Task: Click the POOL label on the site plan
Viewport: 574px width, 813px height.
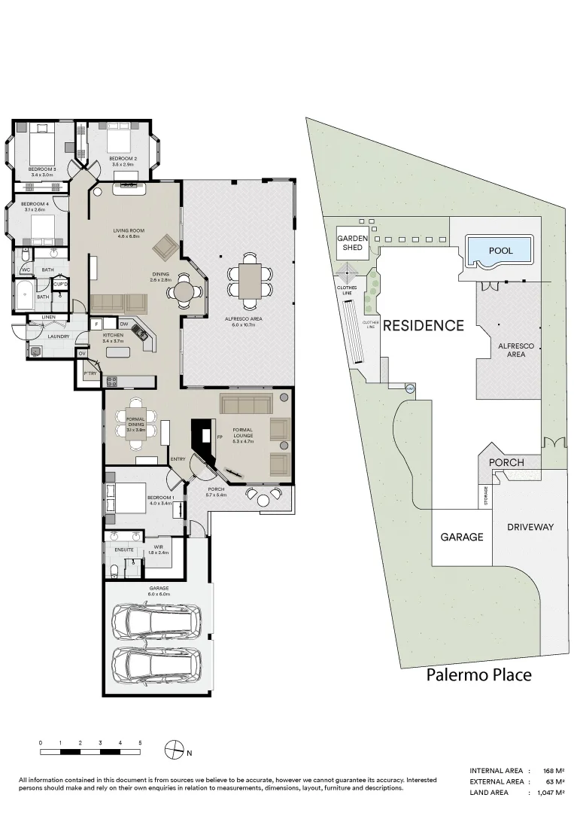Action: pyautogui.click(x=500, y=250)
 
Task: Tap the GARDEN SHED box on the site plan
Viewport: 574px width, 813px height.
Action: pyautogui.click(x=352, y=242)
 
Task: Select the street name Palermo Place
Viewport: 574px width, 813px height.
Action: pyautogui.click(x=478, y=674)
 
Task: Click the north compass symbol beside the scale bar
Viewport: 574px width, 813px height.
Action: pyautogui.click(x=175, y=751)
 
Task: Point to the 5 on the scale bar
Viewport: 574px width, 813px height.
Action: pyautogui.click(x=140, y=743)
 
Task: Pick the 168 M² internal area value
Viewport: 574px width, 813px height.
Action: pyautogui.click(x=554, y=771)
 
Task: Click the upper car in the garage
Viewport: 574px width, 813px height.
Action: pyautogui.click(x=156, y=621)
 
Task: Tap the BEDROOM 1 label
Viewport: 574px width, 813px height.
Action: pyautogui.click(x=160, y=498)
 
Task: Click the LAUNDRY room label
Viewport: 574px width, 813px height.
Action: pyautogui.click(x=59, y=336)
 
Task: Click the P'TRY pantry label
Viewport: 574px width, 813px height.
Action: pyautogui.click(x=90, y=373)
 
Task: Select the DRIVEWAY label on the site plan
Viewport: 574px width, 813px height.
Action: pyautogui.click(x=530, y=527)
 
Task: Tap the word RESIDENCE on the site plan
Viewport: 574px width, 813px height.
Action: pyautogui.click(x=424, y=326)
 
